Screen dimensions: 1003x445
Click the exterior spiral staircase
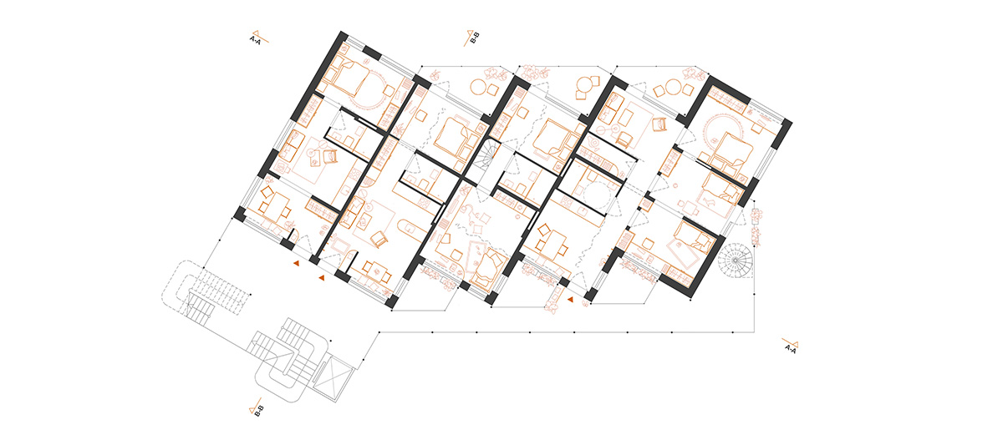click(x=736, y=260)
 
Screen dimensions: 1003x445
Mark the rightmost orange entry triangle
click(x=570, y=300)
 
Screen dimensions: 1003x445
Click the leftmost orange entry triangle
click(x=296, y=264)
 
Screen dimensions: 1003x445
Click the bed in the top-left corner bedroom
click(x=349, y=78)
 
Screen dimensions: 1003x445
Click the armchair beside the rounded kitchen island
click(x=379, y=239)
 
